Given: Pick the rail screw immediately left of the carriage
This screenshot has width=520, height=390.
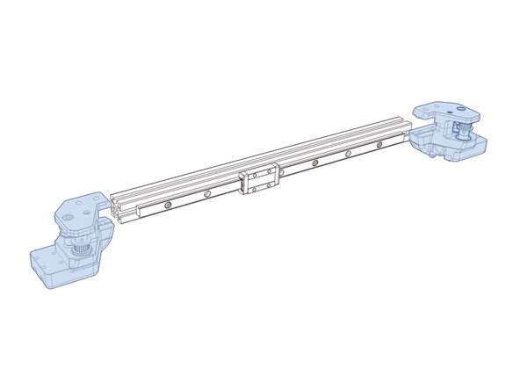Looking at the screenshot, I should pos(207,194).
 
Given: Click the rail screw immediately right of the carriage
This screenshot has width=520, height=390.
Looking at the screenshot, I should pos(313,164).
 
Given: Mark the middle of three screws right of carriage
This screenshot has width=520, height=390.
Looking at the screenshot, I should pos(348,155).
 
